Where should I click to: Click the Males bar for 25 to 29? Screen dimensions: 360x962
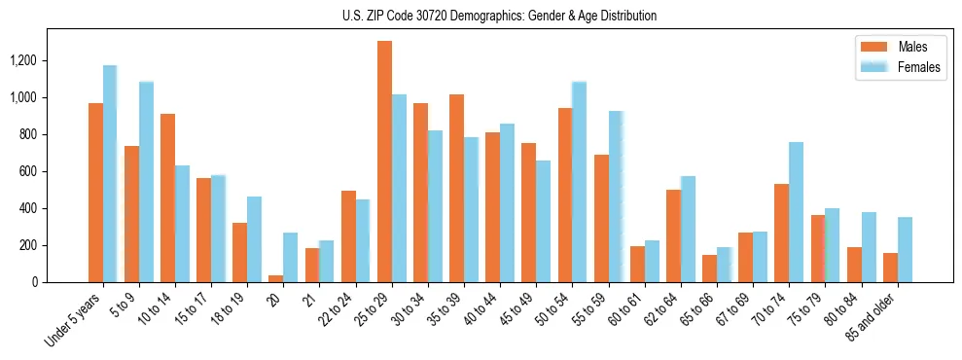[384, 162]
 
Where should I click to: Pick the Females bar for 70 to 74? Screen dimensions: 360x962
[797, 212]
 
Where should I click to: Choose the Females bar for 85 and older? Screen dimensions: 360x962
[905, 249]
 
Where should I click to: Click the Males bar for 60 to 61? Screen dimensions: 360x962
[637, 264]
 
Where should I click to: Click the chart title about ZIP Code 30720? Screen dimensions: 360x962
[499, 16]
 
